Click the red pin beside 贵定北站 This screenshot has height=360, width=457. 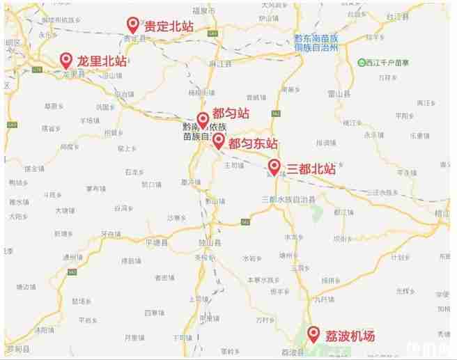pyautogui.click(x=132, y=25)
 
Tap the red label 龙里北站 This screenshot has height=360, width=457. pyautogui.click(x=102, y=61)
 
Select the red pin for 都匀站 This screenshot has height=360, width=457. pyautogui.click(x=203, y=120)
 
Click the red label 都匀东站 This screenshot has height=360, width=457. pyautogui.click(x=253, y=143)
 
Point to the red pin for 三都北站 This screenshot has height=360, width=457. pyautogui.click(x=274, y=167)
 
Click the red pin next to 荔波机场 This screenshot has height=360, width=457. pyautogui.click(x=313, y=334)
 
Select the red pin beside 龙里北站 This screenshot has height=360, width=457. pyautogui.click(x=66, y=61)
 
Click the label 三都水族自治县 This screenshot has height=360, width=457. pyautogui.click(x=288, y=199)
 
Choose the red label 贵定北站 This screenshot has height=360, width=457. pyautogui.click(x=169, y=26)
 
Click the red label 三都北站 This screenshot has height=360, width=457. pyautogui.click(x=311, y=168)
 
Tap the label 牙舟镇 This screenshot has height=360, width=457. pyautogui.click(x=109, y=234)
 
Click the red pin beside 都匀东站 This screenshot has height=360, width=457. pyautogui.click(x=218, y=142)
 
